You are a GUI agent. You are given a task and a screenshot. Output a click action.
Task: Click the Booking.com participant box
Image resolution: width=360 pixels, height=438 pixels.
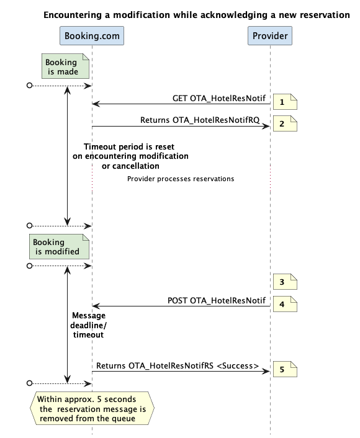92,36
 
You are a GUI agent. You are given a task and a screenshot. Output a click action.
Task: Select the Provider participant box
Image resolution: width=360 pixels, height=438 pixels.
270,36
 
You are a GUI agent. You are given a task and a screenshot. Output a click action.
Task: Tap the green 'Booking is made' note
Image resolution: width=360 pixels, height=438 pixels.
65,66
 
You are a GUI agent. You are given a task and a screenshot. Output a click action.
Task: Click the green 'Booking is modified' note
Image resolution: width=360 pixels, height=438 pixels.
59,247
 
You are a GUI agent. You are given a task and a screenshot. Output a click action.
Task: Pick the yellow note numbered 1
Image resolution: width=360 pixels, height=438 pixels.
285,102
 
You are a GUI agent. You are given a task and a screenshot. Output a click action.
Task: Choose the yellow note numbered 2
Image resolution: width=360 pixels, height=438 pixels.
285,123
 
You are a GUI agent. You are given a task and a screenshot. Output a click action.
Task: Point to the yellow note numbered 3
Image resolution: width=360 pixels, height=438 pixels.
285,282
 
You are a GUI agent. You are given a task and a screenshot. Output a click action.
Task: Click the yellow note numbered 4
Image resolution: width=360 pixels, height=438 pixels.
285,304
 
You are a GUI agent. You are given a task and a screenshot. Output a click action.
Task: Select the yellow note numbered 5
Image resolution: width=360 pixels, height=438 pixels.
285,369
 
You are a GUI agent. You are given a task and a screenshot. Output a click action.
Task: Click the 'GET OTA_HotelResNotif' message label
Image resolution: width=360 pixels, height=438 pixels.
219,98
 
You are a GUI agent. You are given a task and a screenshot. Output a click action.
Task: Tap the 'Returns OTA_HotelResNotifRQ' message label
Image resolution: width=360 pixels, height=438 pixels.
200,120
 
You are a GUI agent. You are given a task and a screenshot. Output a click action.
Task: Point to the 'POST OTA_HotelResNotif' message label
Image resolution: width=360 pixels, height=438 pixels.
217,300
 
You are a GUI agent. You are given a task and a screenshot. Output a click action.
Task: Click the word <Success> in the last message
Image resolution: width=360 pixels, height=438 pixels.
238,366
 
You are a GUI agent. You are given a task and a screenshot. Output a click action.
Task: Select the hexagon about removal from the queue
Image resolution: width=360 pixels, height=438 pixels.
92,408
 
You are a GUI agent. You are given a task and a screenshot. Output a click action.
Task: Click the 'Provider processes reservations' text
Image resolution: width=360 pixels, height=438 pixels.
181,179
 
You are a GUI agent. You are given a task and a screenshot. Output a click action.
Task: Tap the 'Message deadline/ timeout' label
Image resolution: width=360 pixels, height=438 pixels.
88,325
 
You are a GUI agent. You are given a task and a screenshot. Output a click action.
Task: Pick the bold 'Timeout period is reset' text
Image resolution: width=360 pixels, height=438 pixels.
129,146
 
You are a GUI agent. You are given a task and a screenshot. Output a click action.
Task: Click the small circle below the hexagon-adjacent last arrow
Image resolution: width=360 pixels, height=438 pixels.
29,383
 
